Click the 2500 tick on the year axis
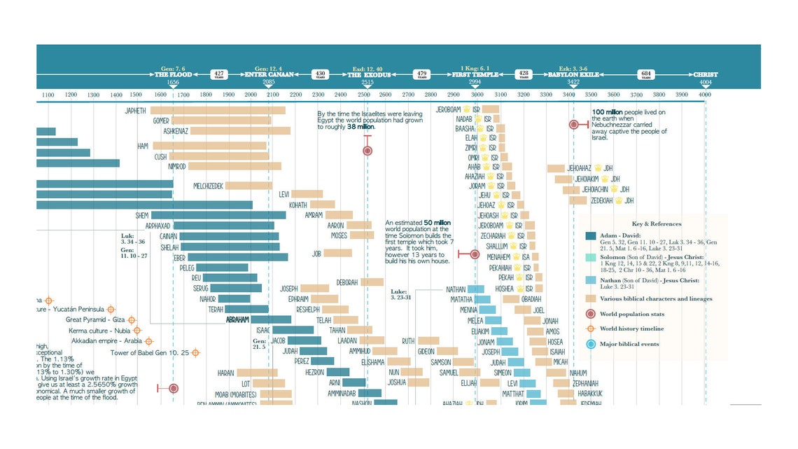click(363, 95)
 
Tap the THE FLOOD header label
click(173, 74)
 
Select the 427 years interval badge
click(220, 74)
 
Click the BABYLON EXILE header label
click(573, 74)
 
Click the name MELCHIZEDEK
click(208, 186)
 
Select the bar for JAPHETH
click(218, 110)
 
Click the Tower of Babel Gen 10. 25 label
click(150, 353)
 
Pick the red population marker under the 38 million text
click(367, 151)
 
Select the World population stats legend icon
click(591, 314)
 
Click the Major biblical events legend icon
click(591, 344)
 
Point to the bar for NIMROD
click(234, 166)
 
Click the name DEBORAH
click(347, 282)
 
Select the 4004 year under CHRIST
click(705, 82)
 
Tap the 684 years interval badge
click(647, 74)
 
